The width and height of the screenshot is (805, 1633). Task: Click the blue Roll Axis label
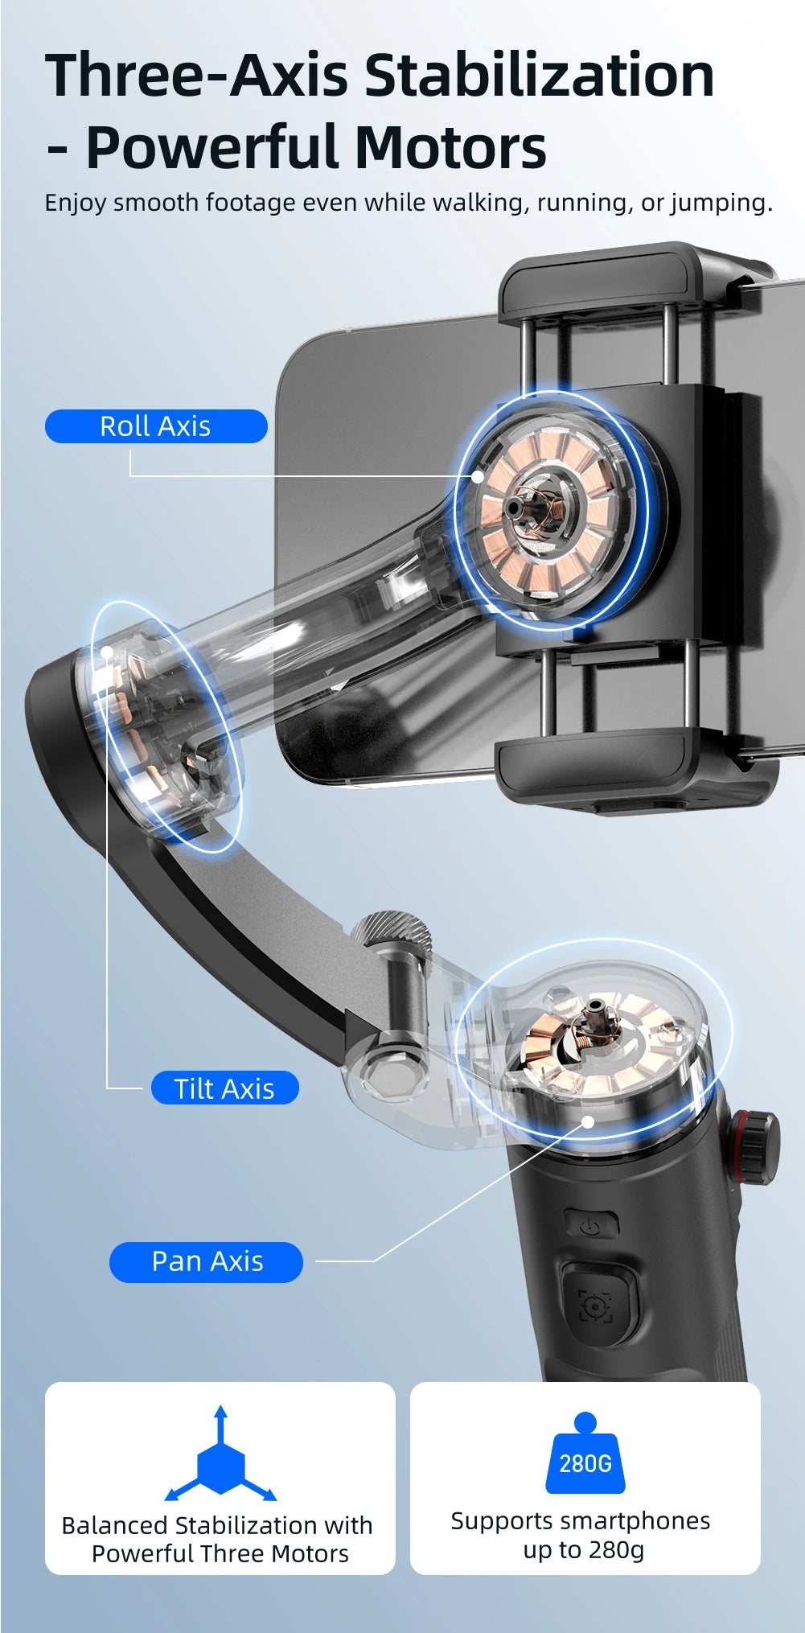point(155,426)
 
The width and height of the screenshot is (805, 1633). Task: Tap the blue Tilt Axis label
point(224,1088)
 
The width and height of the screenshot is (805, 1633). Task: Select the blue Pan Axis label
point(207,1261)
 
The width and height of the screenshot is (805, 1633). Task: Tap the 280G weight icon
point(585,1456)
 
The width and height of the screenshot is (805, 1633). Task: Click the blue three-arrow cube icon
point(220,1460)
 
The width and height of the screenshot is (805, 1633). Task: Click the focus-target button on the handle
point(594,1306)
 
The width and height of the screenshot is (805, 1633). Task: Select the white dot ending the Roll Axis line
point(478,476)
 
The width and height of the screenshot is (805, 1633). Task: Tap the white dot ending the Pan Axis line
point(588,1122)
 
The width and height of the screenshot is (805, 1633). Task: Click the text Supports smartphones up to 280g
point(581,1535)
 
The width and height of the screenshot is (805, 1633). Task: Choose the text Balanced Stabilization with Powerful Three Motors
point(218,1539)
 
